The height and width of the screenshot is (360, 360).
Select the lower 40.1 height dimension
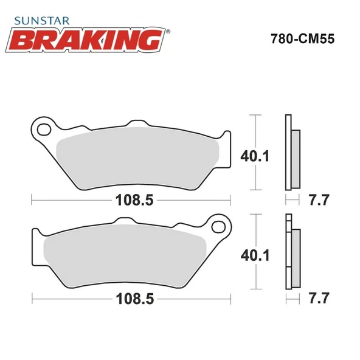point(255,255)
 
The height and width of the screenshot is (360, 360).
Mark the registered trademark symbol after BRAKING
point(167,30)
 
